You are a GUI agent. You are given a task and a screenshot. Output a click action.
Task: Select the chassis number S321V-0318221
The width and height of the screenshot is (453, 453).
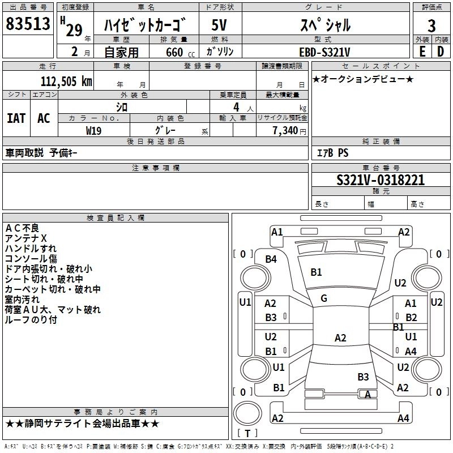click(381, 181)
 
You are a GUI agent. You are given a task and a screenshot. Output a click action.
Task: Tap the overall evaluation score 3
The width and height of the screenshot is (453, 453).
click(431, 25)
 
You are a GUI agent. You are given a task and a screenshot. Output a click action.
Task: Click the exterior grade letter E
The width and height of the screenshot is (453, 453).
click(422, 51)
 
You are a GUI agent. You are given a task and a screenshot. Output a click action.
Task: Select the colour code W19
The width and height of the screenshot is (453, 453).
click(94, 130)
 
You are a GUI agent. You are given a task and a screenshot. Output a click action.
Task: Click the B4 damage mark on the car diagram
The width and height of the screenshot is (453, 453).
click(271, 259)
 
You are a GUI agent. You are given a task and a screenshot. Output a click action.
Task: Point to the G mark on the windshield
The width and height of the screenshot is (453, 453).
click(324, 298)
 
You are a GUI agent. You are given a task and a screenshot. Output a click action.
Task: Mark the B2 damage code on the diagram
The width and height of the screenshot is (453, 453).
click(411, 318)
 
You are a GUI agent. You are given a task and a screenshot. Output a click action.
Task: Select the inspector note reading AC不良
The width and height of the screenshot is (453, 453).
click(22, 228)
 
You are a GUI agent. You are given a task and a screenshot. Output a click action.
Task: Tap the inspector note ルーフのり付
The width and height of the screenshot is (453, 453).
click(31, 320)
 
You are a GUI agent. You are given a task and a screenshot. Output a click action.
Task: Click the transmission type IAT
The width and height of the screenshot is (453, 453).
click(16, 118)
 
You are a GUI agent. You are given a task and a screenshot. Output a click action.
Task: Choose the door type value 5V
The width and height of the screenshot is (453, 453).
click(220, 25)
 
